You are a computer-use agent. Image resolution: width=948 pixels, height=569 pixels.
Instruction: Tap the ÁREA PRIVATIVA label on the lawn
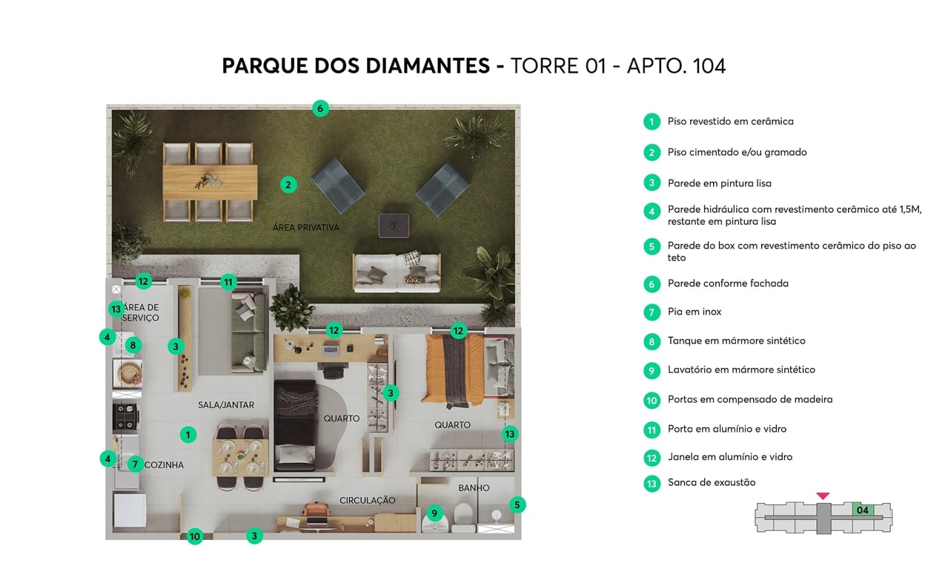click(x=305, y=228)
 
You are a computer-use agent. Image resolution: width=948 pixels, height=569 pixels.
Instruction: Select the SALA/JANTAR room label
click(x=226, y=405)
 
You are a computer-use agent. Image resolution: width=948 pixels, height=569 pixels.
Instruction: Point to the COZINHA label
click(x=164, y=465)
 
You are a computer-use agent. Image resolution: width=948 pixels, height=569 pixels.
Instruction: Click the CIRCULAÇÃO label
click(x=367, y=501)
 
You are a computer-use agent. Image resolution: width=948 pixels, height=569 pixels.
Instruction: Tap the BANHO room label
click(x=474, y=488)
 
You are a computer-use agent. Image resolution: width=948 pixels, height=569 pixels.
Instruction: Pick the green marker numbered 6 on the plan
click(x=319, y=108)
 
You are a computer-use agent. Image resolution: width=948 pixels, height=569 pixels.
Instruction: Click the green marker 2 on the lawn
click(x=288, y=185)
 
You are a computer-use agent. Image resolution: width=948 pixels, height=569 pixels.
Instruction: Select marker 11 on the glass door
click(x=228, y=282)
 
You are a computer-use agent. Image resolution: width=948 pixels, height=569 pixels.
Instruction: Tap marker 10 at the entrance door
click(x=195, y=536)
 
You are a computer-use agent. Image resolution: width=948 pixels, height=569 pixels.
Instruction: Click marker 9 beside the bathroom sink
click(x=434, y=513)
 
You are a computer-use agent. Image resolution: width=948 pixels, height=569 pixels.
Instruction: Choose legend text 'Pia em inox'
click(x=694, y=312)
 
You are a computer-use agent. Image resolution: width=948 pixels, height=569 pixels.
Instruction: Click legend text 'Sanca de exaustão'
click(x=711, y=483)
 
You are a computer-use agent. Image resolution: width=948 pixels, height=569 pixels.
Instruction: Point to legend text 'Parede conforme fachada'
click(x=727, y=283)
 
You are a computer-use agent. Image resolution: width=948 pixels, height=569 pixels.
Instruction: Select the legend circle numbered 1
click(x=652, y=122)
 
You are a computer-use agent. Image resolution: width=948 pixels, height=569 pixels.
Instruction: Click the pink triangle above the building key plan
click(x=823, y=496)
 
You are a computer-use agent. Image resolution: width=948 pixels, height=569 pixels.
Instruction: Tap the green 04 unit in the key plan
click(x=862, y=510)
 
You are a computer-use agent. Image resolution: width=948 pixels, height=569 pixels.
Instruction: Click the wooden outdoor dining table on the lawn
click(x=210, y=182)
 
